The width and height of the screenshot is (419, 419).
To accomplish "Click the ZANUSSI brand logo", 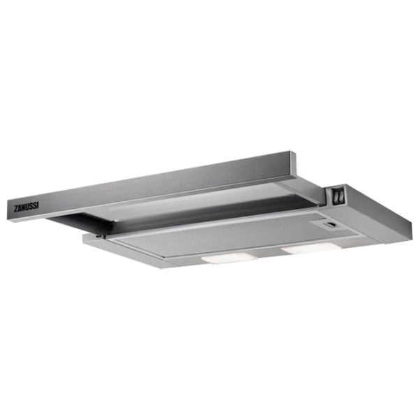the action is click(27, 207).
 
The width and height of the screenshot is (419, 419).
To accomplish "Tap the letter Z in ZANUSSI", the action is click(16, 209).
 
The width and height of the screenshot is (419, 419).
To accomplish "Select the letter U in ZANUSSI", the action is click(28, 207).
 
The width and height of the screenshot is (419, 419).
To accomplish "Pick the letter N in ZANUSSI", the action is click(24, 207).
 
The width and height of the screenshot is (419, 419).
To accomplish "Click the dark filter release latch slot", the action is click(330, 224).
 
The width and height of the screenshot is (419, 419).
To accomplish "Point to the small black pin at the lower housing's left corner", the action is click(99, 236).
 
